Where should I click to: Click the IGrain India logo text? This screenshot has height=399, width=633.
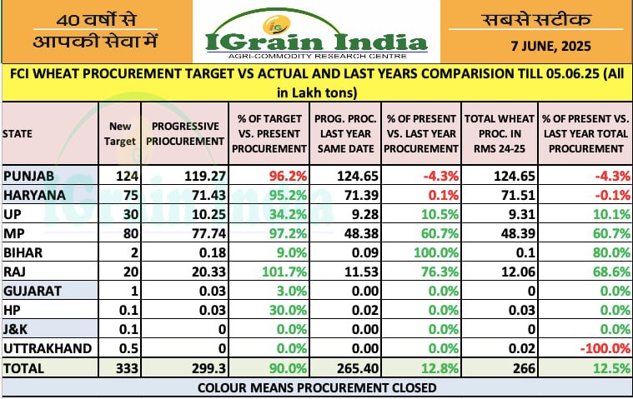pos(316,40)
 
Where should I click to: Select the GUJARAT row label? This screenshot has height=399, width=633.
pos(33,289)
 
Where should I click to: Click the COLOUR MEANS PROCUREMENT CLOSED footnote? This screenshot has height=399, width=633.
pos(316,388)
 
